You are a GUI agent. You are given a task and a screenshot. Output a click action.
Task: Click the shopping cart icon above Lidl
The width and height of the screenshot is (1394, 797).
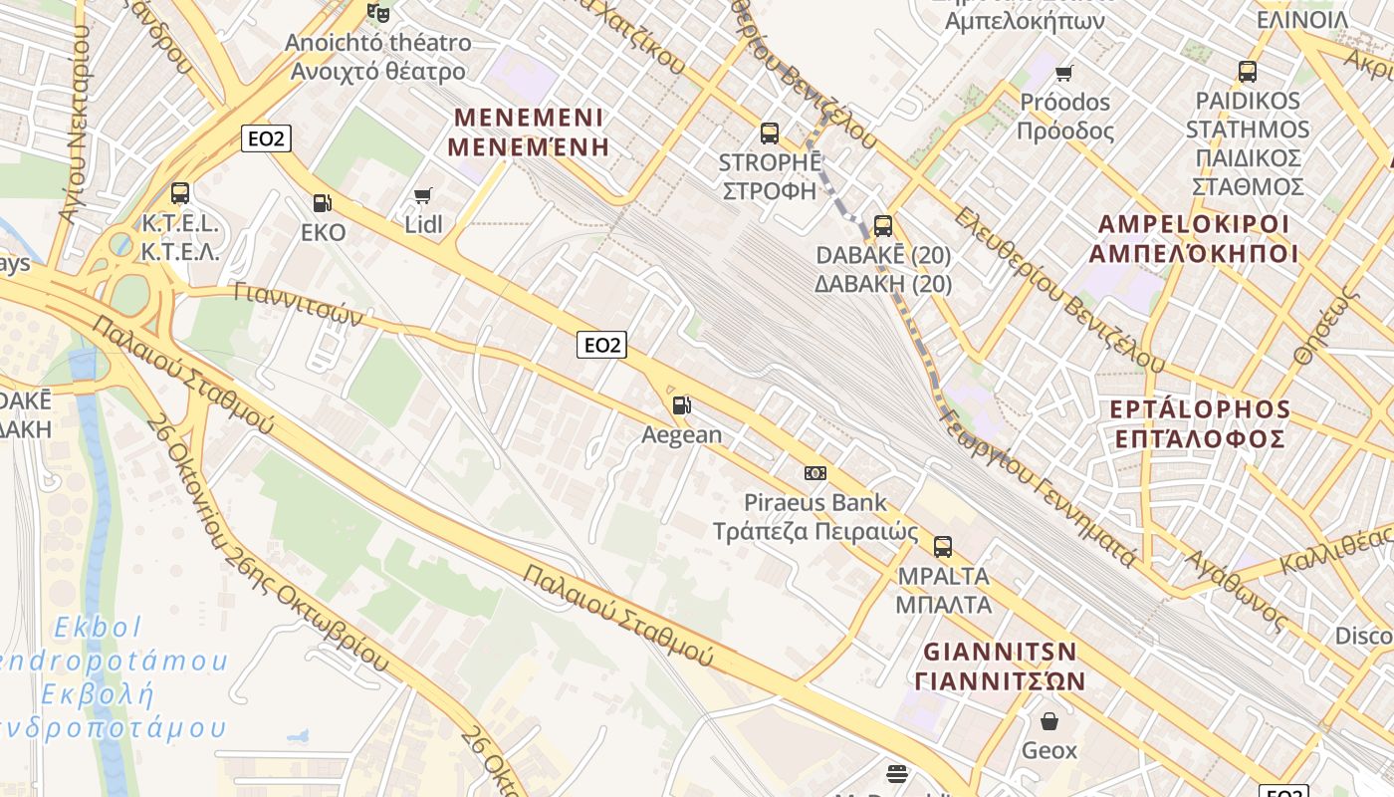point(423,195)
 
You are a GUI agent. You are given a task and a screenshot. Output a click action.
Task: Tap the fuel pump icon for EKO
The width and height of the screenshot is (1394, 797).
point(322,203)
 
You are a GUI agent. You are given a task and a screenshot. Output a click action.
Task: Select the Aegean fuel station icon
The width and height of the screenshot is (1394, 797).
point(682,405)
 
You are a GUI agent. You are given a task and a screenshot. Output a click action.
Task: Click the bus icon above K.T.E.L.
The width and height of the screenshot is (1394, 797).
point(180,193)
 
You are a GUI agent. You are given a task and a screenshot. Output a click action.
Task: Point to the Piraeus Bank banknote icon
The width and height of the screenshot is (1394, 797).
point(815,473)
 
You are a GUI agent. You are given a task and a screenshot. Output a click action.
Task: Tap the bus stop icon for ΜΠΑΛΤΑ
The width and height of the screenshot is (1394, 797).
point(943,546)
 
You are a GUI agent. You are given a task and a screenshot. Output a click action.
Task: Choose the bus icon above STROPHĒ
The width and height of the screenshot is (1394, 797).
point(769,133)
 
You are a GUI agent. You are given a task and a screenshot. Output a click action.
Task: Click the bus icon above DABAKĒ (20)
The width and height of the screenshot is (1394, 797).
point(883,226)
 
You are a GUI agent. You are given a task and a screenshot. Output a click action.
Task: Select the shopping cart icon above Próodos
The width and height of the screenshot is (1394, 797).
point(1064,73)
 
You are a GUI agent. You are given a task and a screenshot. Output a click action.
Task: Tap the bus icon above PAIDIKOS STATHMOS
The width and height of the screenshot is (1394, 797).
point(1248,72)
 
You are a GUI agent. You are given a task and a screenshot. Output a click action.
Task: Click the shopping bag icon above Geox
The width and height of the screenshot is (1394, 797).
point(1049,720)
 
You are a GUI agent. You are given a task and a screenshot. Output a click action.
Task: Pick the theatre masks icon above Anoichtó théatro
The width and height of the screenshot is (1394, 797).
point(377,13)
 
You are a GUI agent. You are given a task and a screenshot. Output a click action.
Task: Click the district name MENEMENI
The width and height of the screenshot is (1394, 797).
point(528,118)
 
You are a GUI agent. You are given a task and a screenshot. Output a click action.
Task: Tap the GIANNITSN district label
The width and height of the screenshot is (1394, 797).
point(1000,652)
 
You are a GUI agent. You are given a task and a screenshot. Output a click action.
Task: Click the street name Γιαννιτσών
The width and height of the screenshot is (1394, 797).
point(298,304)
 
